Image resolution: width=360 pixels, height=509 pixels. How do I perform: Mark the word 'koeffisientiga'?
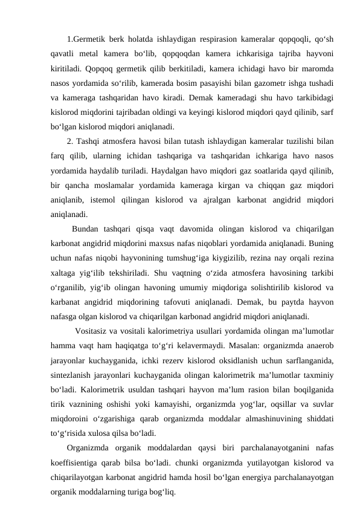point(80,464)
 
